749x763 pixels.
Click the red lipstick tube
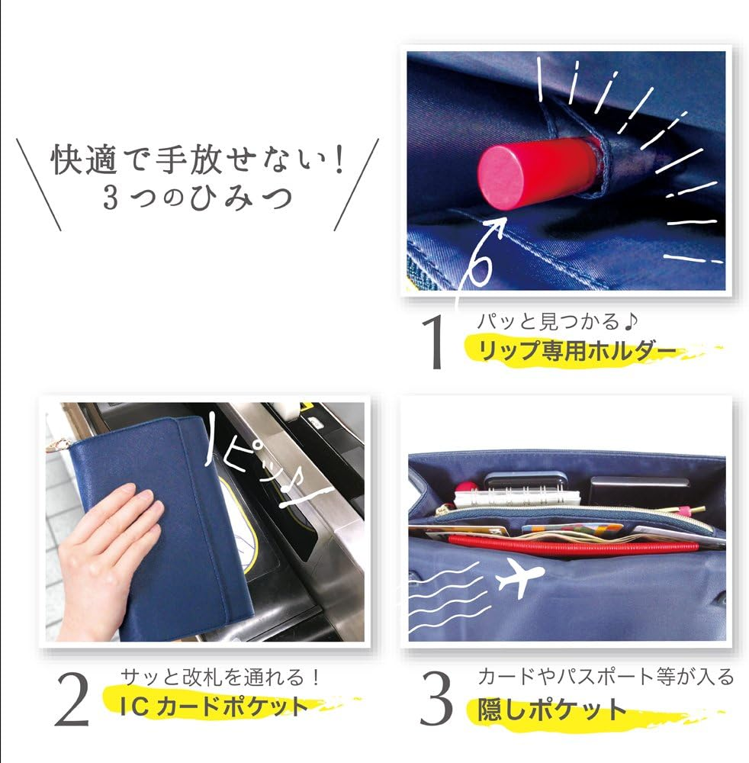point(538,173)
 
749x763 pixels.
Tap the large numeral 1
point(433,342)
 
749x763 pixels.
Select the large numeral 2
point(72,700)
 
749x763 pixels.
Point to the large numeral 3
point(436,698)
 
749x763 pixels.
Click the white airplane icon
point(520,578)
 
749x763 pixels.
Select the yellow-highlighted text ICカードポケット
point(214,707)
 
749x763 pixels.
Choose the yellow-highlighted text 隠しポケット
point(552,710)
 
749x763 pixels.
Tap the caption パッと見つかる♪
point(558,321)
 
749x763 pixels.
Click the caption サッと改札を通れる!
point(220,677)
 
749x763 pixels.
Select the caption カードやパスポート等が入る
point(606,676)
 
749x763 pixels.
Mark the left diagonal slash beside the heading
point(38,185)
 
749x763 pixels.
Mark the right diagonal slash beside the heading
point(356,185)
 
